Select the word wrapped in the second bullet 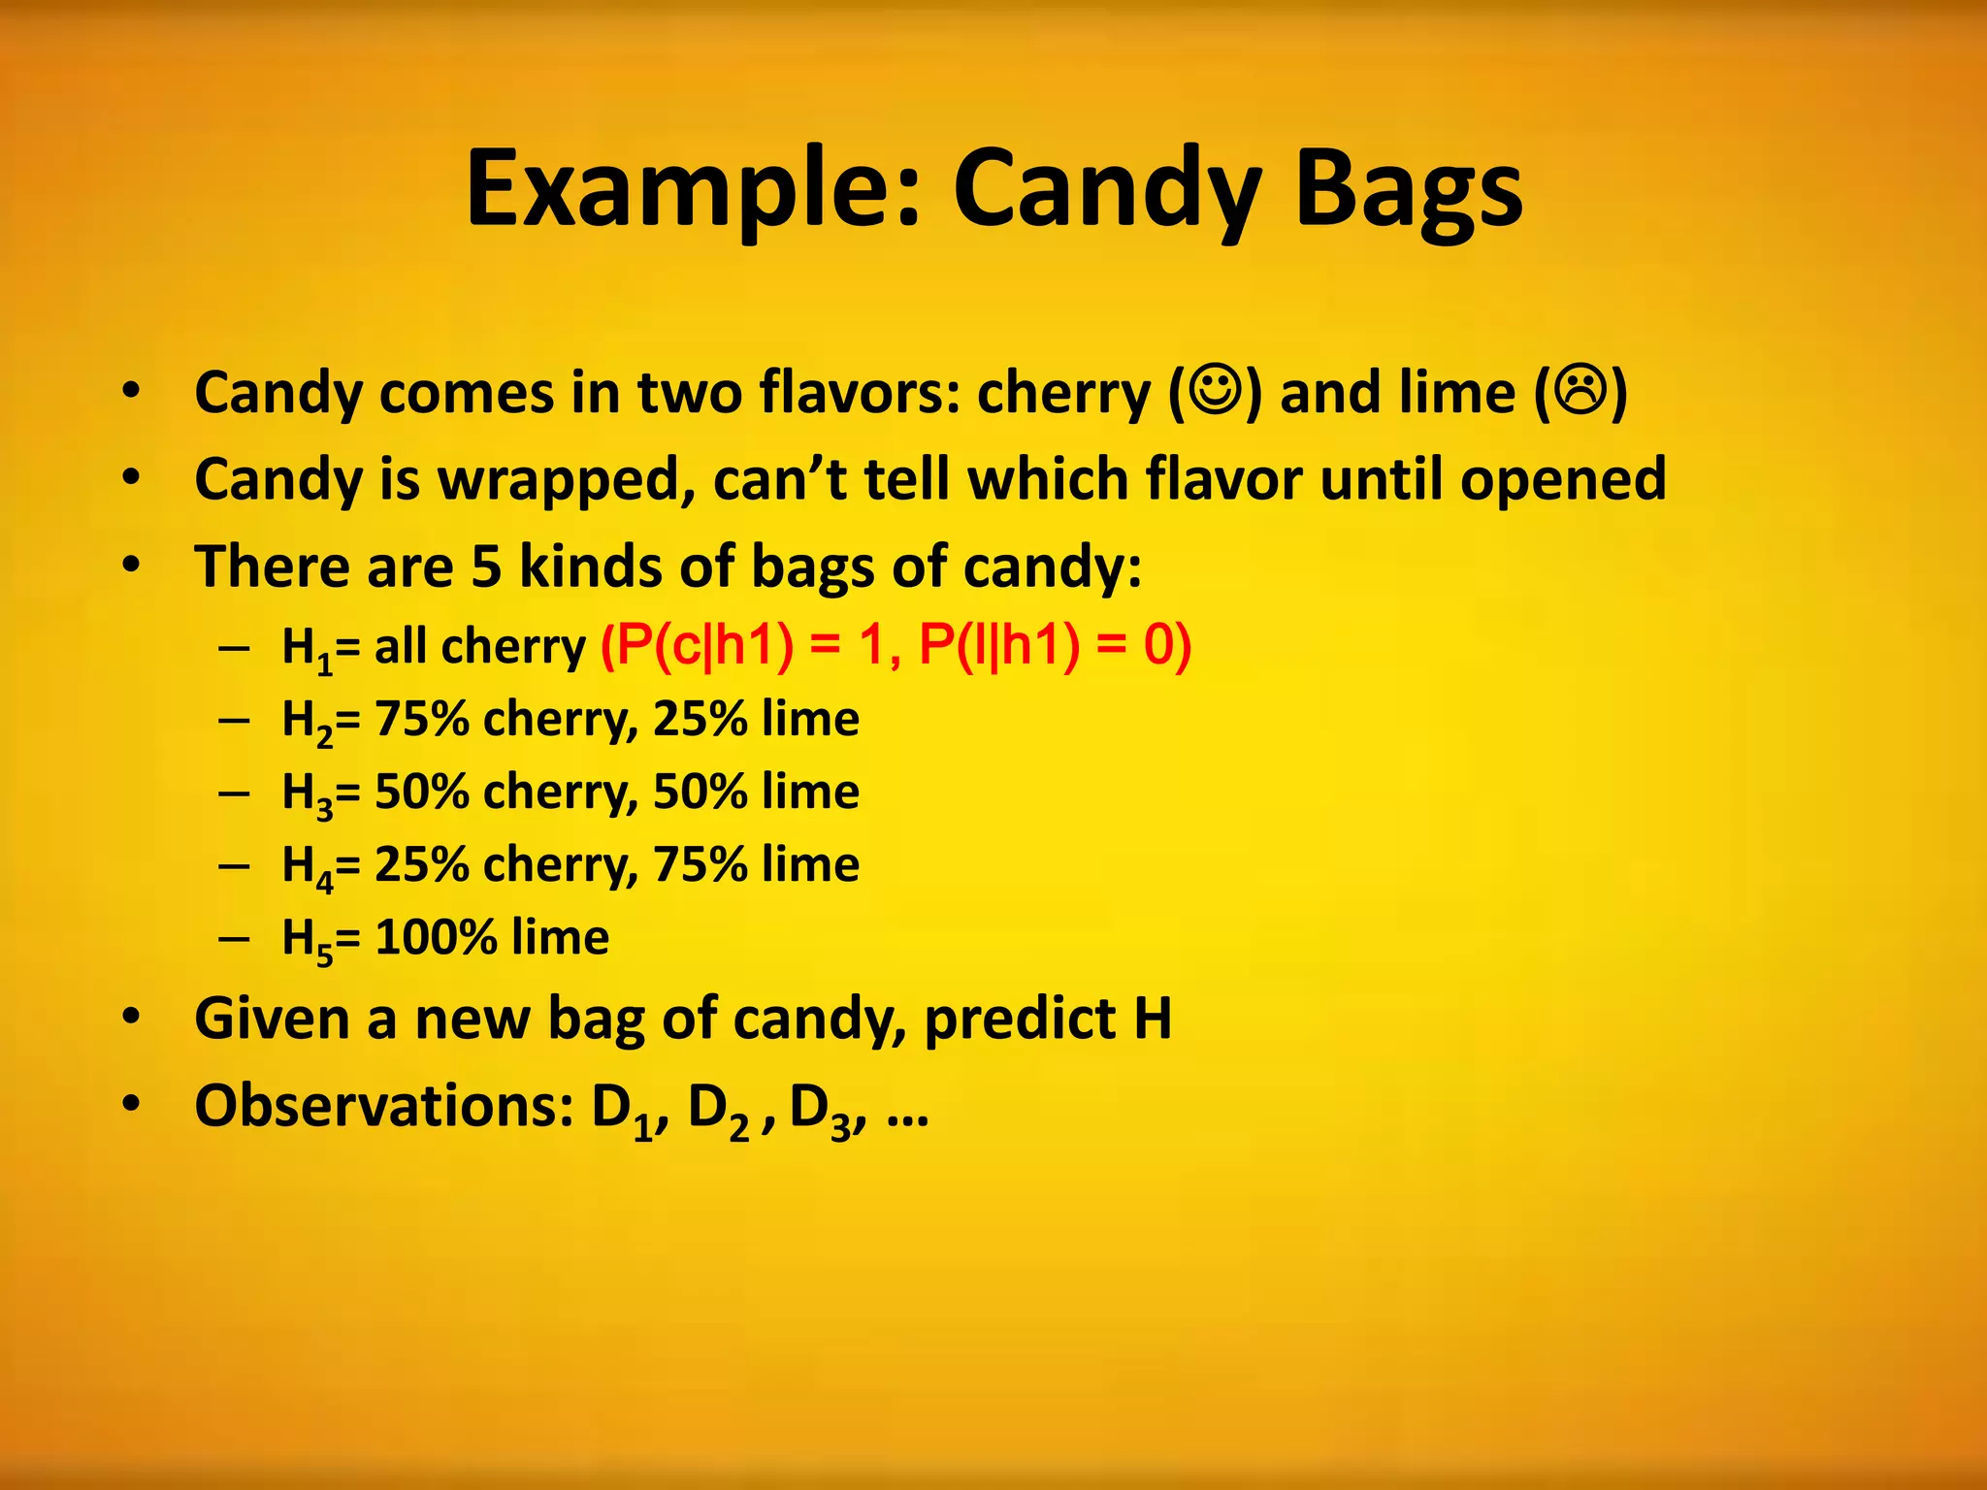click(x=566, y=480)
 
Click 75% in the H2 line click(x=422, y=720)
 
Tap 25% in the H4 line click(x=422, y=864)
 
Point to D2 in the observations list click(x=718, y=1110)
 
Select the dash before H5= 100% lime click(x=234, y=939)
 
